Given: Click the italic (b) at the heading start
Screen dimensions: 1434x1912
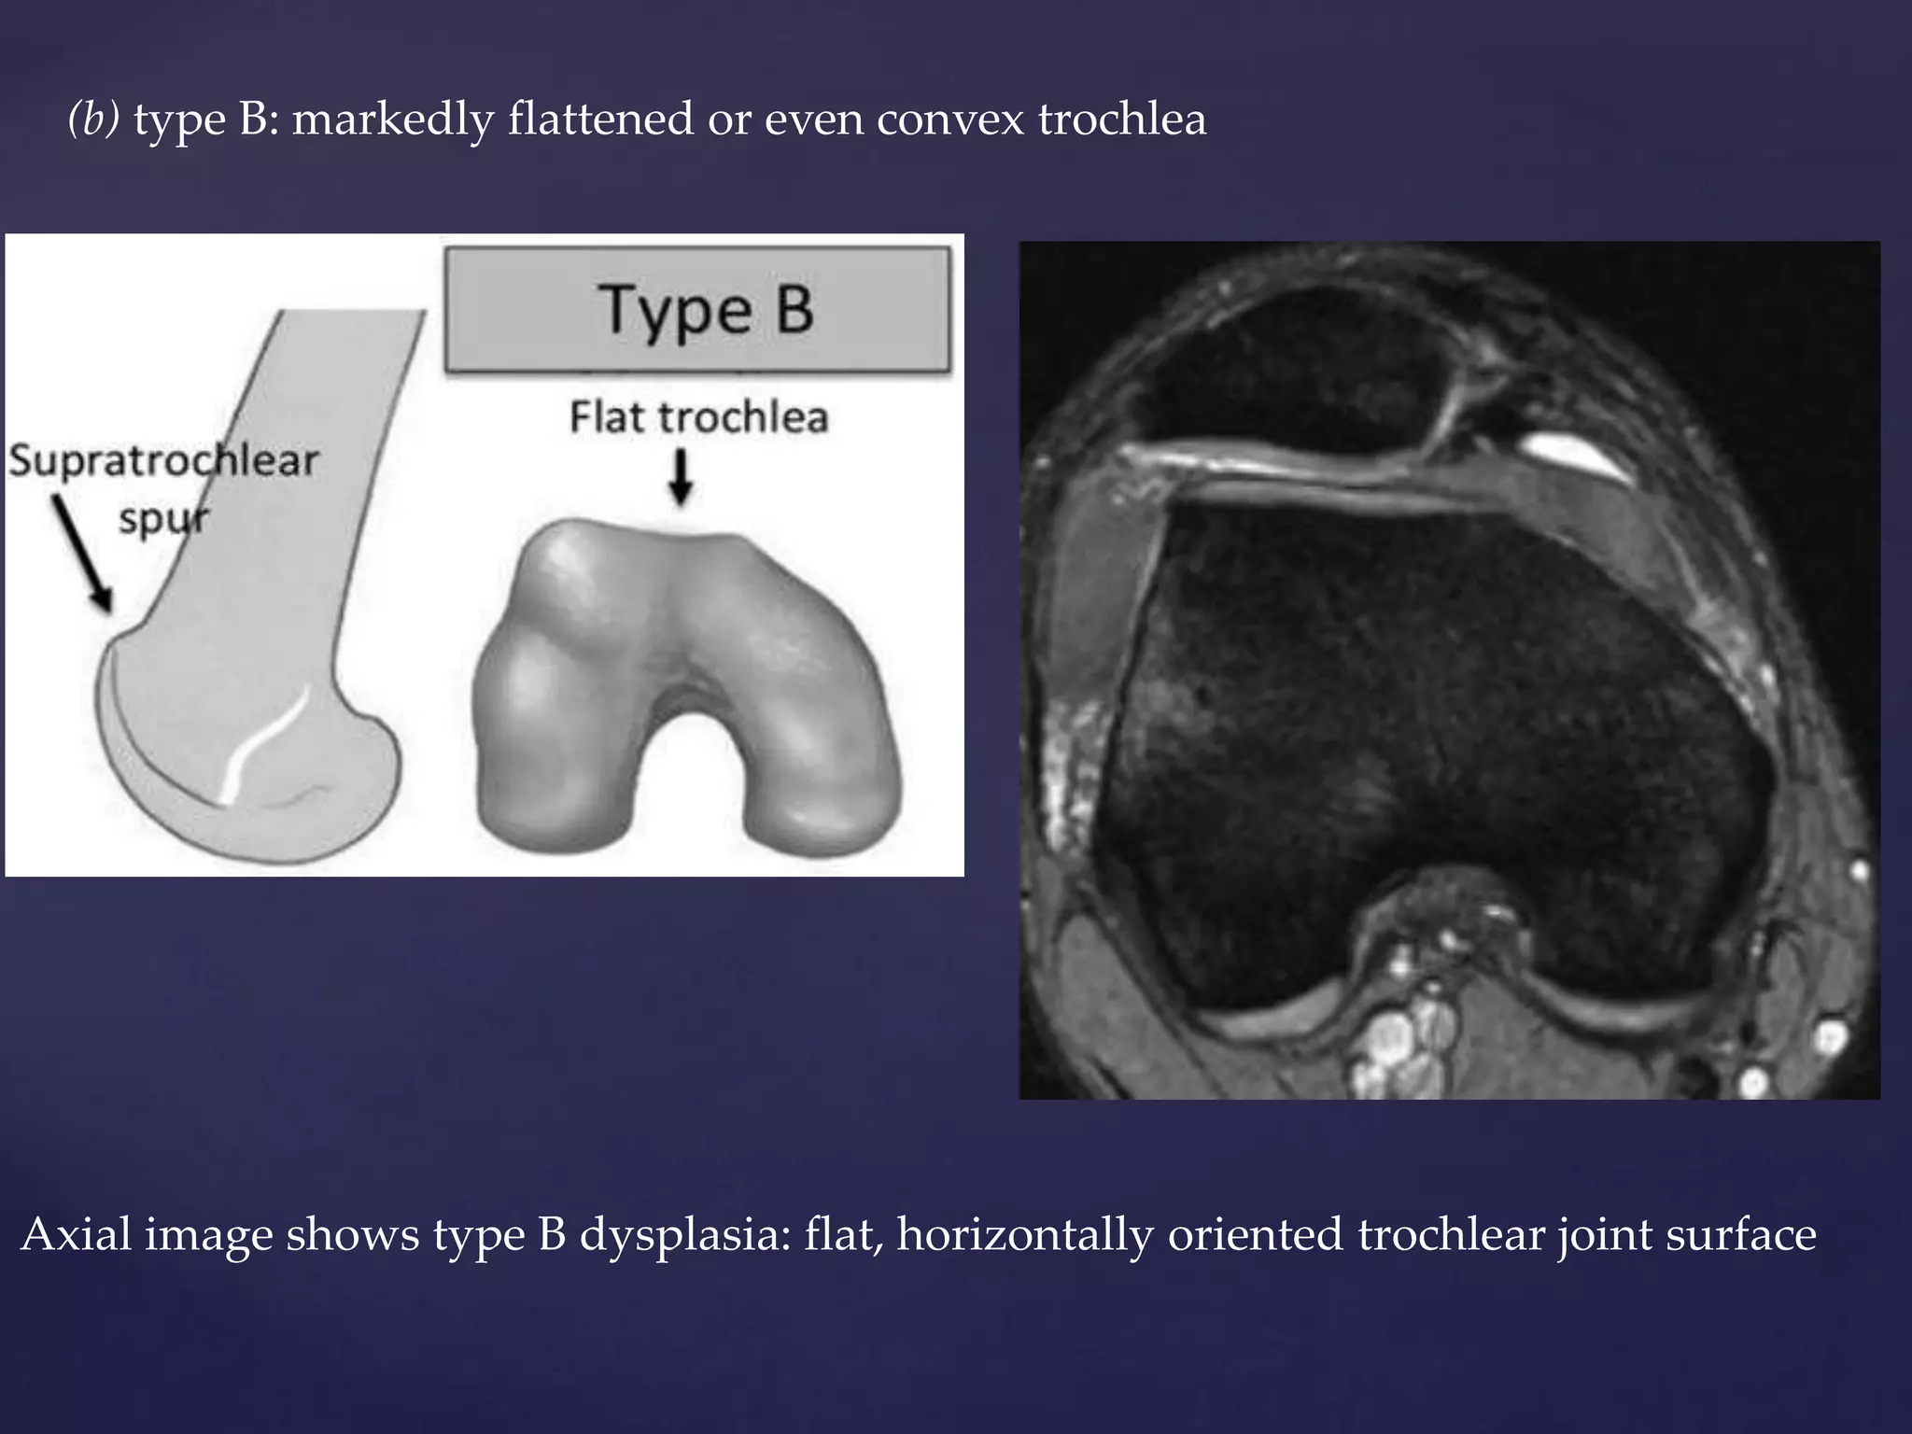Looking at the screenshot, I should (x=94, y=120).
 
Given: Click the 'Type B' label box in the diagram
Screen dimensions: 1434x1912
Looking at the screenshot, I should (x=697, y=310).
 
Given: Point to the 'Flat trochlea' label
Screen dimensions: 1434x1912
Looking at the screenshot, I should (x=698, y=417).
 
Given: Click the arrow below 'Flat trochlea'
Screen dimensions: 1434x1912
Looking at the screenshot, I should (x=682, y=477).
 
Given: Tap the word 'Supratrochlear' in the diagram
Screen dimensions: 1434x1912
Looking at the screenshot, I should (x=164, y=461).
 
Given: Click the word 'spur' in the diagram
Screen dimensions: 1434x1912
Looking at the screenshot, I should (x=164, y=518).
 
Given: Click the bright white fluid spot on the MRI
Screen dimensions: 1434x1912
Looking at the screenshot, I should (x=1576, y=456).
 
